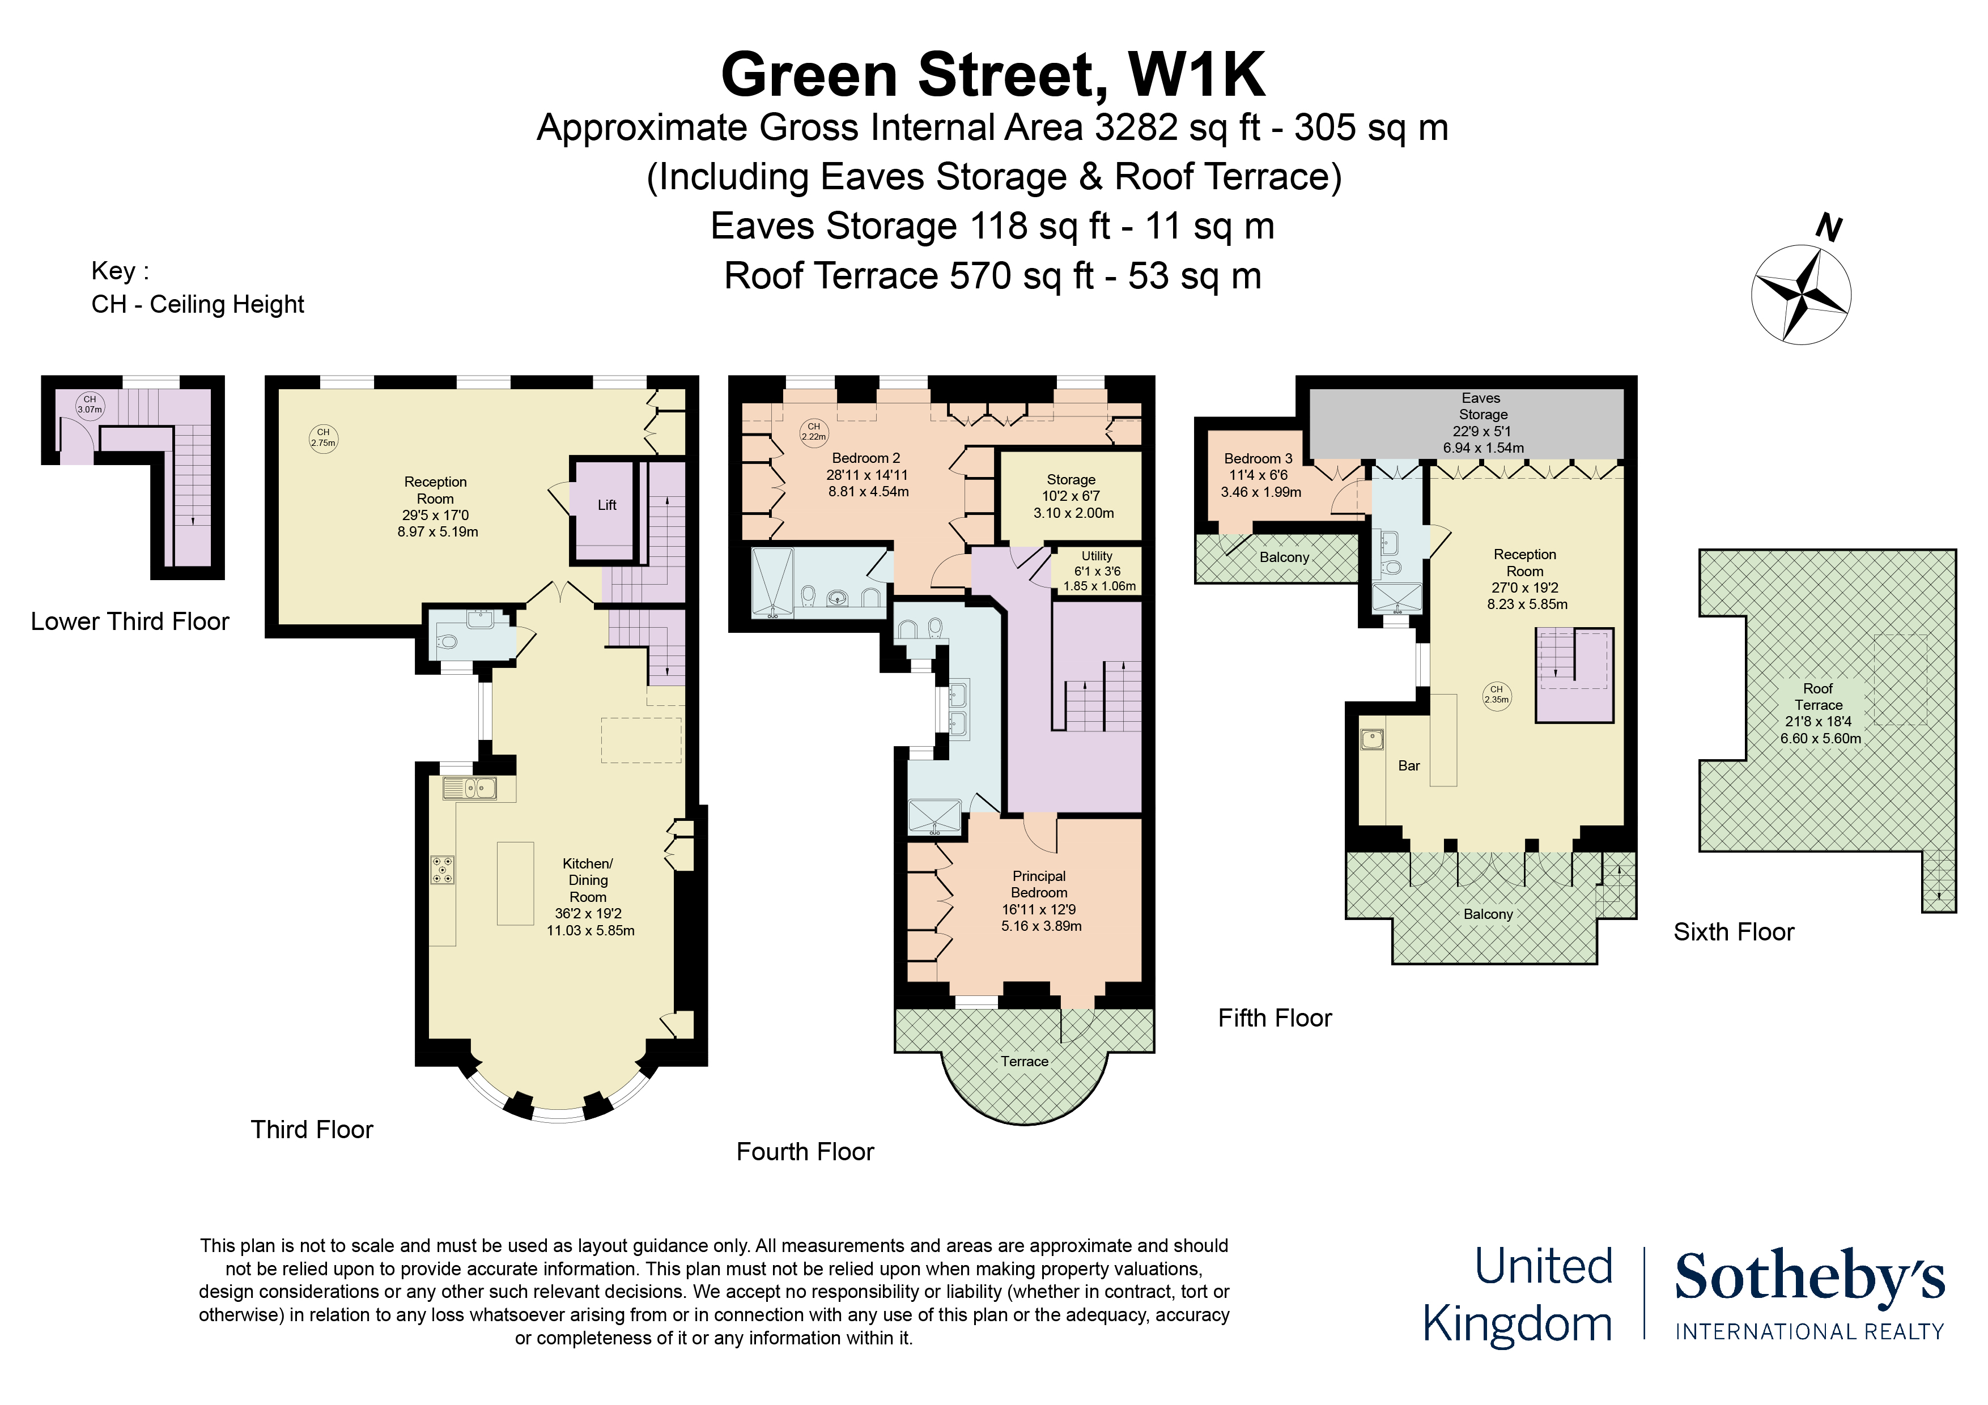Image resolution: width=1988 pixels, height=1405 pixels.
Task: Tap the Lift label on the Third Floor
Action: coord(607,505)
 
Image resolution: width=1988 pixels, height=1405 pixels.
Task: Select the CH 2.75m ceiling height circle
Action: coord(323,438)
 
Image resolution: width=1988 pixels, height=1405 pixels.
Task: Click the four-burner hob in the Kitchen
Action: coord(443,869)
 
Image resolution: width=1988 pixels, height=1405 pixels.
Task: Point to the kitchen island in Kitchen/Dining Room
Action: coord(515,883)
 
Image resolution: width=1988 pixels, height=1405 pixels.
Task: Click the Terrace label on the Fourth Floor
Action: coord(1024,1061)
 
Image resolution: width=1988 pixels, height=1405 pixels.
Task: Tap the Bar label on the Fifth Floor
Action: coord(1409,765)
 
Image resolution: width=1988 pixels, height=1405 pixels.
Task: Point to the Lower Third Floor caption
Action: coord(130,621)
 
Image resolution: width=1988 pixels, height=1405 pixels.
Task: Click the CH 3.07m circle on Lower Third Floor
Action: coord(90,405)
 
